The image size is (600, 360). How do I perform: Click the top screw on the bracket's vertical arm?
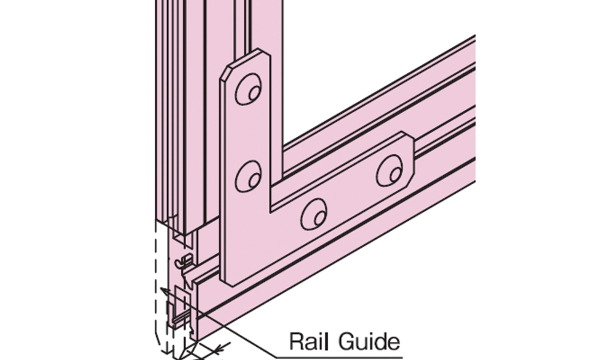coord(248,91)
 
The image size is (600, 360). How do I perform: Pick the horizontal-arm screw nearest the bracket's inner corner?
coord(313,213)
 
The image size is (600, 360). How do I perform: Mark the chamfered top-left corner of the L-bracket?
coord(226,70)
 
